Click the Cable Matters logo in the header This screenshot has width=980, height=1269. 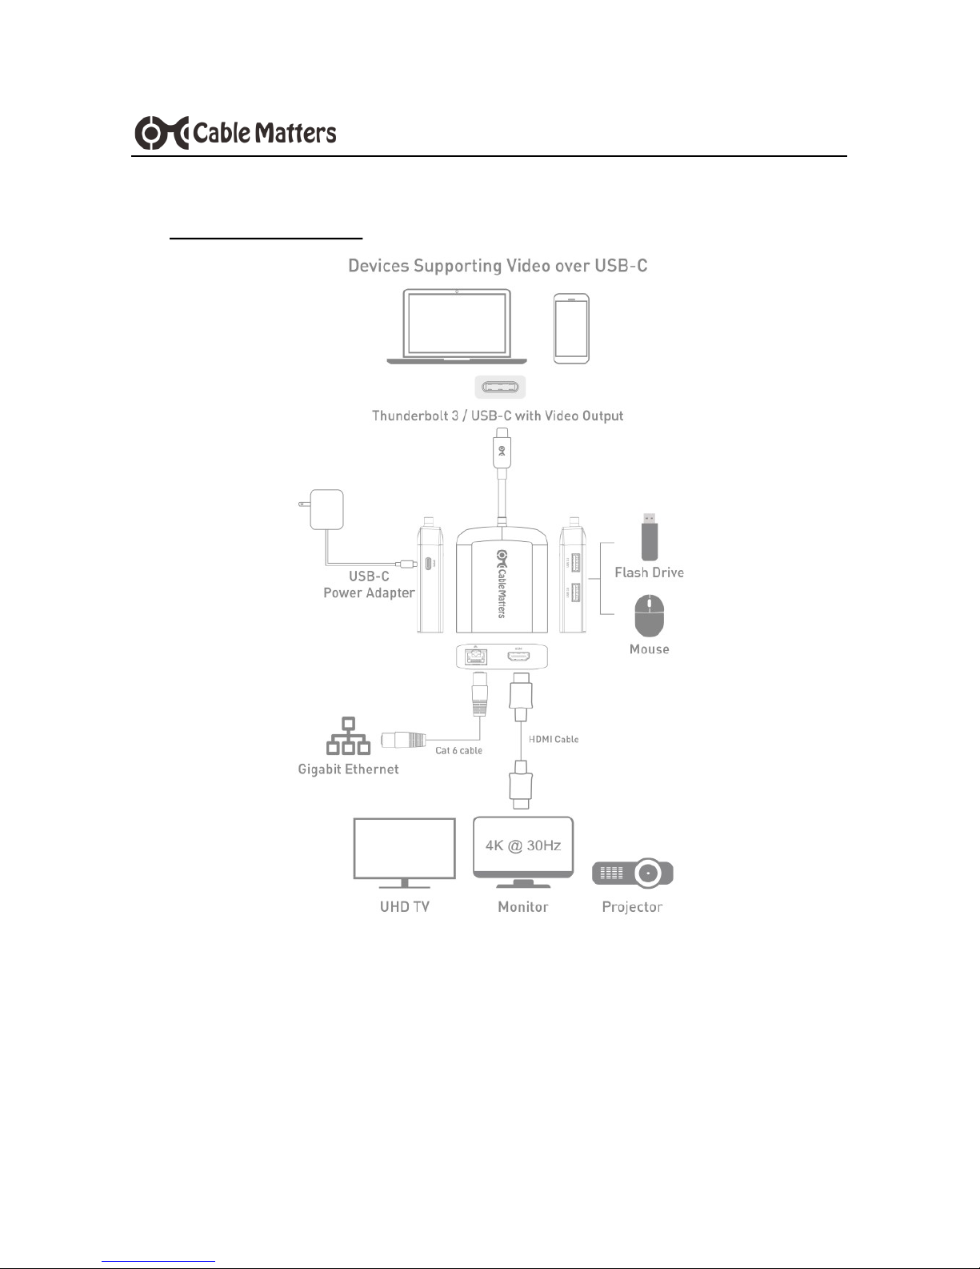click(x=235, y=133)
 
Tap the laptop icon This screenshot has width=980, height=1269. click(x=456, y=327)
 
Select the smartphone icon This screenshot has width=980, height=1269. click(x=571, y=328)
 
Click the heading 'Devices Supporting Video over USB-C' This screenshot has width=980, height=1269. click(x=498, y=266)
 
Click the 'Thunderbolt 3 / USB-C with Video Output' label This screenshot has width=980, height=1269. click(x=498, y=416)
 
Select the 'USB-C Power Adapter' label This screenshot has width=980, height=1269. click(x=369, y=584)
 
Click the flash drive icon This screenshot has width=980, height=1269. click(x=650, y=536)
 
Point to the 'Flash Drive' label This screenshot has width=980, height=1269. click(x=649, y=572)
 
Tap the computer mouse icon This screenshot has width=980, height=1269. click(x=650, y=616)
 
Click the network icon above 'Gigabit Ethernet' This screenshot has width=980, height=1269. click(x=348, y=736)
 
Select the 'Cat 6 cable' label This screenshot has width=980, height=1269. click(x=458, y=751)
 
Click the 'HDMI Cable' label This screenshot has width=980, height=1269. click(x=554, y=739)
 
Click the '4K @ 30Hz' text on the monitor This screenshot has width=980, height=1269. click(x=523, y=845)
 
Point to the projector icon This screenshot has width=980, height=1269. click(x=633, y=874)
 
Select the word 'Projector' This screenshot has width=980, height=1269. click(x=632, y=907)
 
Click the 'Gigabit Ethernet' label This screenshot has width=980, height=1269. click(x=348, y=769)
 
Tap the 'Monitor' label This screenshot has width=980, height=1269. click(x=523, y=907)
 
